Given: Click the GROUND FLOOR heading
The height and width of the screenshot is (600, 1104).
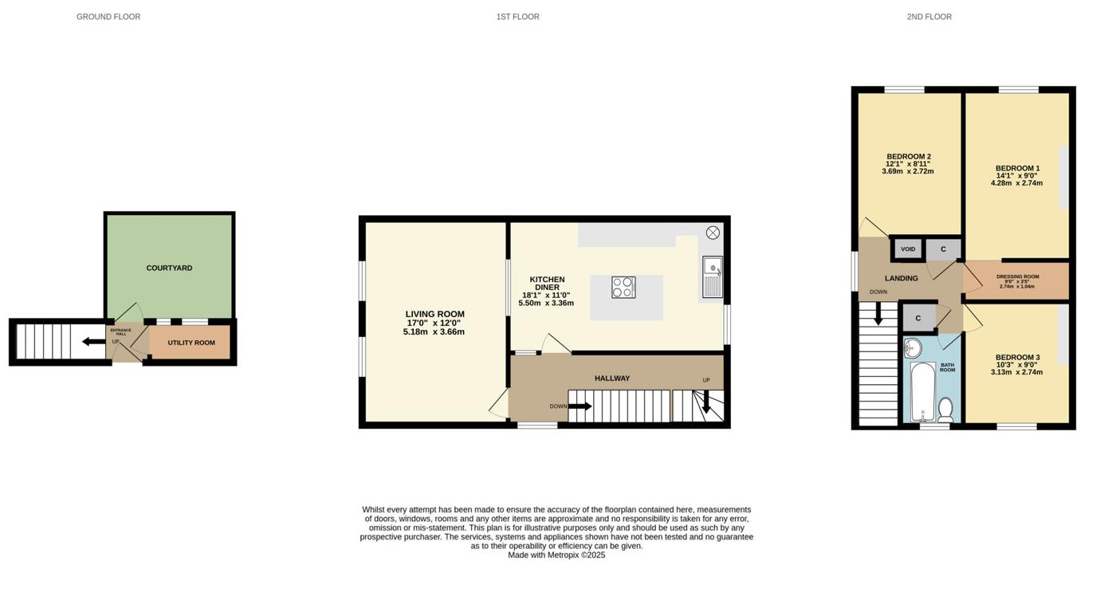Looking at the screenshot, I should pyautogui.click(x=108, y=17).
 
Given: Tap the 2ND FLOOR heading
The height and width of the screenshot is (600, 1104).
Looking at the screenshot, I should pyautogui.click(x=929, y=17).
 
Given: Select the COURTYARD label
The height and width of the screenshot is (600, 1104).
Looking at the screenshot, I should pyautogui.click(x=169, y=269).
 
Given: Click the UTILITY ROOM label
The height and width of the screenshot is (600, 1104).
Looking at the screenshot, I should pyautogui.click(x=191, y=343).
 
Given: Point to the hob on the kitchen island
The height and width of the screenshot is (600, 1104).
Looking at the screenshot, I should pyautogui.click(x=623, y=288).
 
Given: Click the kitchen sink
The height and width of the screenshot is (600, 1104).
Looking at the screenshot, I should pyautogui.click(x=713, y=276).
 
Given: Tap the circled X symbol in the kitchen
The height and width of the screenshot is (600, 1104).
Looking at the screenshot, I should pyautogui.click(x=713, y=233).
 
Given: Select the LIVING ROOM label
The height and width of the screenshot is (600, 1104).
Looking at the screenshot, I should pyautogui.click(x=434, y=314).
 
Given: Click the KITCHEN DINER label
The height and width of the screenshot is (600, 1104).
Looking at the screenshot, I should pyautogui.click(x=548, y=283).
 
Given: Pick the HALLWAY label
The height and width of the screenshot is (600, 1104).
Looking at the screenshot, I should pyautogui.click(x=612, y=378).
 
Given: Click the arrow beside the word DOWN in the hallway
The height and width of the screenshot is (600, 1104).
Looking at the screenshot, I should pyautogui.click(x=580, y=406).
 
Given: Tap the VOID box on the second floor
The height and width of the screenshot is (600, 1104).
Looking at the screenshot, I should pyautogui.click(x=908, y=249).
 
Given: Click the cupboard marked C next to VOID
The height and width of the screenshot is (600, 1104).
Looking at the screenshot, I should pyautogui.click(x=943, y=249).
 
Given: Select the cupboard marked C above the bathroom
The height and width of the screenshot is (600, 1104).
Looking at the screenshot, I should pyautogui.click(x=918, y=318).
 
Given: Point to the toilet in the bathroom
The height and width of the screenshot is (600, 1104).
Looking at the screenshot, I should pyautogui.click(x=945, y=410).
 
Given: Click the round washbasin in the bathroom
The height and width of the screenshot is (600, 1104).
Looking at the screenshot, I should pyautogui.click(x=913, y=348).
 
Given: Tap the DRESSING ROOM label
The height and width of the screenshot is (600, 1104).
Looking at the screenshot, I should pyautogui.click(x=1017, y=276).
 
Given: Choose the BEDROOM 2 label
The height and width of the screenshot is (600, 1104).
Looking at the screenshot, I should pyautogui.click(x=908, y=156).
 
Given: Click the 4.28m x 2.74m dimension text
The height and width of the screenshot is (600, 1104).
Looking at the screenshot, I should pyautogui.click(x=1016, y=183).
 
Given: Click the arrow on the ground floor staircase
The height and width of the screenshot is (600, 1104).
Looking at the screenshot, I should pyautogui.click(x=92, y=342).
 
